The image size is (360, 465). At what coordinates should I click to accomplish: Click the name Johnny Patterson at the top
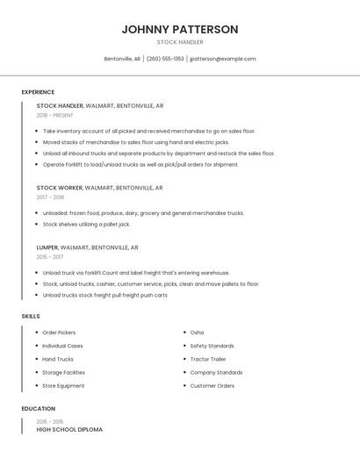pyautogui.click(x=180, y=29)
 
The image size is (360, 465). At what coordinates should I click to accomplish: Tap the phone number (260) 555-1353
pyautogui.click(x=165, y=59)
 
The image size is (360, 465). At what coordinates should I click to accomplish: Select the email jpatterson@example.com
pyautogui.click(x=223, y=59)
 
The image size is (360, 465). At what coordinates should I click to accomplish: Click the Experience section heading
pyautogui.click(x=38, y=92)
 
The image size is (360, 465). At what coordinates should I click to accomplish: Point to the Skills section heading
pyautogui.click(x=31, y=316)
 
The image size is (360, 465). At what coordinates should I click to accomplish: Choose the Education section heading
pyautogui.click(x=39, y=409)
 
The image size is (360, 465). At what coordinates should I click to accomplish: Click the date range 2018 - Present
pyautogui.click(x=55, y=115)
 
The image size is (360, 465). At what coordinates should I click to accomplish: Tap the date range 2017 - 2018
pyautogui.click(x=50, y=197)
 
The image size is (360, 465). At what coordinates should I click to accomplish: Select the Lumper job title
pyautogui.click(x=49, y=247)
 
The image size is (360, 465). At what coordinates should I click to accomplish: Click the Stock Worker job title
pyautogui.click(x=59, y=188)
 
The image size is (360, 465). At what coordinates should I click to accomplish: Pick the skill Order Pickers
pyautogui.click(x=59, y=333)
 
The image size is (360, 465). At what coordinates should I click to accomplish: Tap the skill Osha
pyautogui.click(x=197, y=333)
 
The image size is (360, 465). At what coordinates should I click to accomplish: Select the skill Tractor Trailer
pyautogui.click(x=208, y=359)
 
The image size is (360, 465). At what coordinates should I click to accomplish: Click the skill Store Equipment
pyautogui.click(x=63, y=385)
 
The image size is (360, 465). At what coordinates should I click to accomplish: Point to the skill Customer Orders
pyautogui.click(x=212, y=385)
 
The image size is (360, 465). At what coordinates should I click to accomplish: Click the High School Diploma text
pyautogui.click(x=69, y=430)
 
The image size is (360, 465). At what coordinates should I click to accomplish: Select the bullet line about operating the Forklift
pyautogui.click(x=140, y=164)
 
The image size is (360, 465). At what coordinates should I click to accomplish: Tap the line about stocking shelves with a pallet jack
pyautogui.click(x=86, y=224)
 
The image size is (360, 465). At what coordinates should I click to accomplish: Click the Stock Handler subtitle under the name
pyautogui.click(x=180, y=42)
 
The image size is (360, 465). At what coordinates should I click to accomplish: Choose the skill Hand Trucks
pyautogui.click(x=58, y=359)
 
